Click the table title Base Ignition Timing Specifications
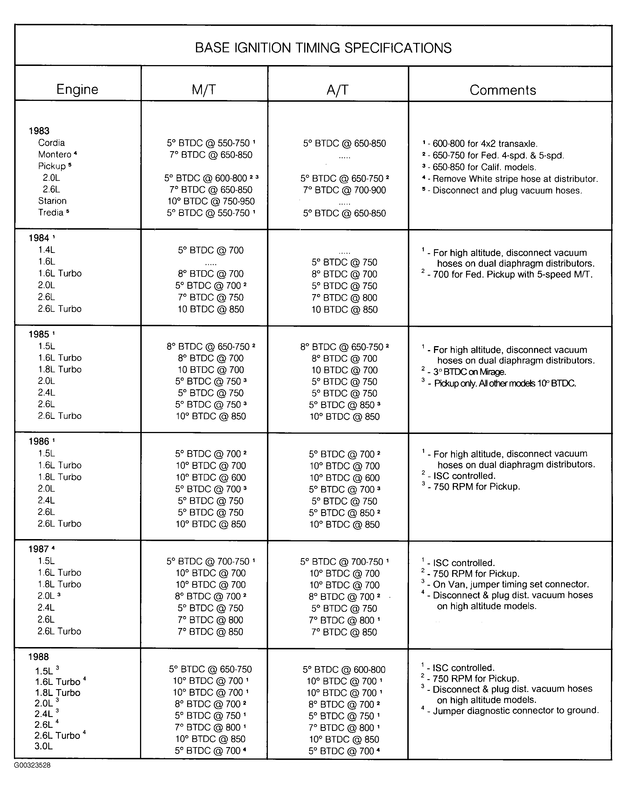323,48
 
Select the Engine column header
77,90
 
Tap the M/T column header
204,90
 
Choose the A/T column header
337,90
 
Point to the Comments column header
502,90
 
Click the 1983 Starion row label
53,201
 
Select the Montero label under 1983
55,154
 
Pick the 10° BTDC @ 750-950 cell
211,201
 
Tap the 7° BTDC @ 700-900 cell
345,190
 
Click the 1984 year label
39,238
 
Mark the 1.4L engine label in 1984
47,250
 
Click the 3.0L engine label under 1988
44,746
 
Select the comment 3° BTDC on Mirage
469,372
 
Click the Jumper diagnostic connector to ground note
515,711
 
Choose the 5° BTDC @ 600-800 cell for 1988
344,670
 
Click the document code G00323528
32,765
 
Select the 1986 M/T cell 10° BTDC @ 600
211,477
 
